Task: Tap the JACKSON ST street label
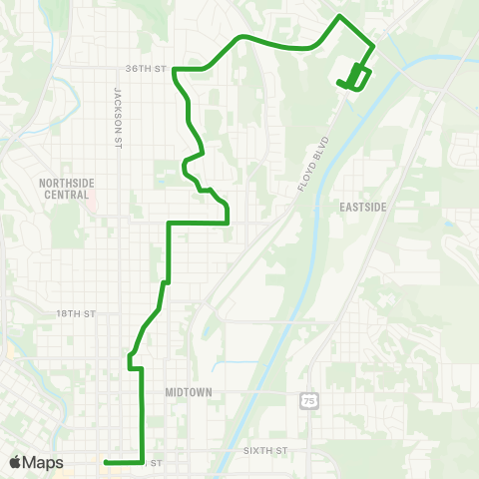point(117,103)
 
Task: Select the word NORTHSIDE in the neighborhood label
point(66,183)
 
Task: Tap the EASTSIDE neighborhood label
point(363,206)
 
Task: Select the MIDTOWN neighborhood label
point(189,392)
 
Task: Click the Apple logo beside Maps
point(16,462)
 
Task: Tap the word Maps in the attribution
point(44,462)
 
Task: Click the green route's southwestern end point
point(105,461)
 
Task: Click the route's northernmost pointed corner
point(341,17)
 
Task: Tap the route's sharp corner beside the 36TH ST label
point(175,70)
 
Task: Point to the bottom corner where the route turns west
point(143,461)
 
